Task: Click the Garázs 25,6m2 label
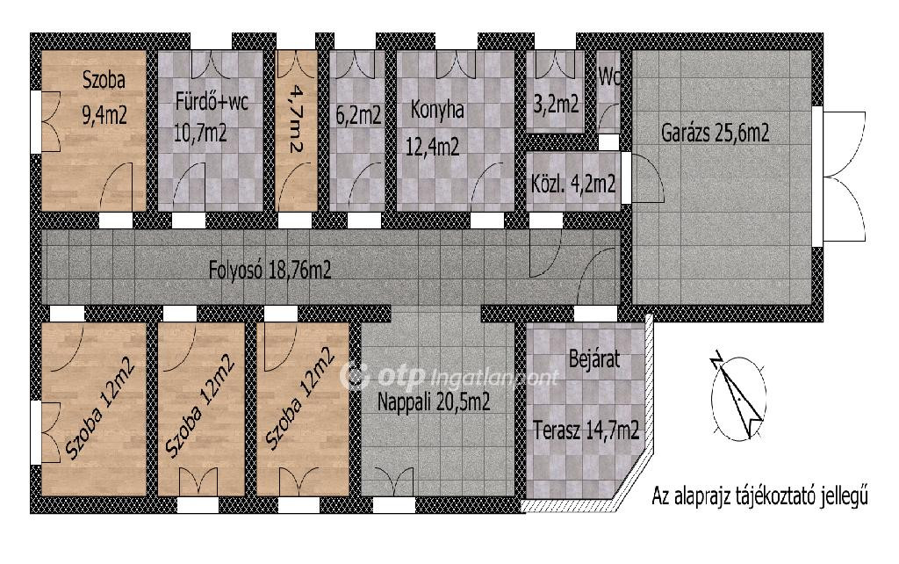click(x=715, y=134)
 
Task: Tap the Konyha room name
click(x=437, y=110)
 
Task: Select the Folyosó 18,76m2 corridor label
click(x=270, y=270)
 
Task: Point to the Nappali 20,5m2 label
click(x=434, y=401)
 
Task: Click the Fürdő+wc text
click(x=212, y=102)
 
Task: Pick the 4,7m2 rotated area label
click(x=296, y=119)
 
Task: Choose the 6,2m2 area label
click(x=358, y=115)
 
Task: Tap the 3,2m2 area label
click(x=556, y=104)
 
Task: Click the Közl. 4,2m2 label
click(x=573, y=184)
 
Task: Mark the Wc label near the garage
click(x=609, y=77)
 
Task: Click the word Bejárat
click(x=594, y=359)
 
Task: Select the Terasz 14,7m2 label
click(x=586, y=430)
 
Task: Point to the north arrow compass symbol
click(x=738, y=397)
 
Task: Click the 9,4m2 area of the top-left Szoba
click(x=104, y=115)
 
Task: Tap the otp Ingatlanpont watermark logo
click(x=449, y=376)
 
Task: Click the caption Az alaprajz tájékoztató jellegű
click(x=759, y=495)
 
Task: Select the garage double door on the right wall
click(x=844, y=176)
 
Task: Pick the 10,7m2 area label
click(x=199, y=134)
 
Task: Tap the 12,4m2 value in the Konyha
click(x=432, y=148)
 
